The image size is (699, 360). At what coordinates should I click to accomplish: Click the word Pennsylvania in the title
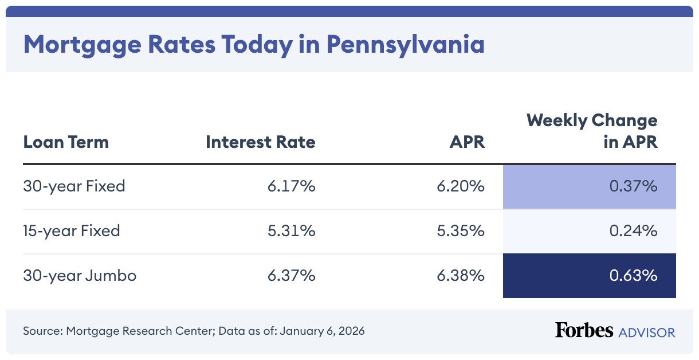tap(406, 44)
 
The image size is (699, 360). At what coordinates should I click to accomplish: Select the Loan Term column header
tap(66, 142)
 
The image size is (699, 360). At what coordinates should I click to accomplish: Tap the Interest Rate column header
tap(261, 142)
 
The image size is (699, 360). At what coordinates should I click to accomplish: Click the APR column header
tap(467, 142)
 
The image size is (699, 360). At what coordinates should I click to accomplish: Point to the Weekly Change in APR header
tap(592, 131)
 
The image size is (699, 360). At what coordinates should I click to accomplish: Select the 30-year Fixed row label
tap(74, 186)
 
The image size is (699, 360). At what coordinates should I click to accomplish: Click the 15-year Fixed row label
tap(72, 230)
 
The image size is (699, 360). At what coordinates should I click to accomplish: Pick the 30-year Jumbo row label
tap(80, 275)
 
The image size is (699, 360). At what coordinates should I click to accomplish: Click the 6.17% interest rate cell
tap(291, 186)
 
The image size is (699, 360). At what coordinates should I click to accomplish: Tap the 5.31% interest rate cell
tap(291, 230)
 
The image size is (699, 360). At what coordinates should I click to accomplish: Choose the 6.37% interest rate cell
tap(291, 275)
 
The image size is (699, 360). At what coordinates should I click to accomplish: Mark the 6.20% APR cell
tap(461, 186)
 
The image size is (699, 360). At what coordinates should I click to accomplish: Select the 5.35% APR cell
tap(461, 230)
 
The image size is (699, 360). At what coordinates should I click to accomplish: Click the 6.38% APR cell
tap(461, 275)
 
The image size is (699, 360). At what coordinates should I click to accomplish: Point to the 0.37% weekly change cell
tap(633, 186)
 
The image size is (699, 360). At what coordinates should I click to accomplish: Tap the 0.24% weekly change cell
tap(633, 230)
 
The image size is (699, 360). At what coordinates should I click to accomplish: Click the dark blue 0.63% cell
tap(633, 275)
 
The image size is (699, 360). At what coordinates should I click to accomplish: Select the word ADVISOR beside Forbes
tap(646, 332)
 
